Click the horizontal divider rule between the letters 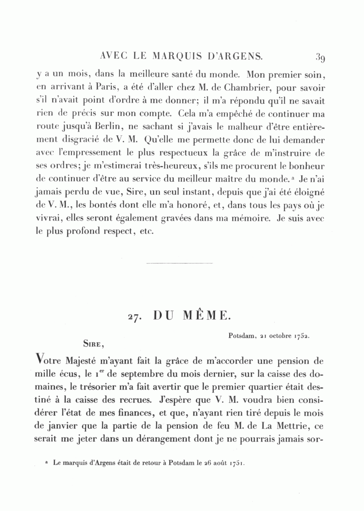pyautogui.click(x=167, y=264)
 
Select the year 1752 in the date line pyautogui.click(x=302, y=336)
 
